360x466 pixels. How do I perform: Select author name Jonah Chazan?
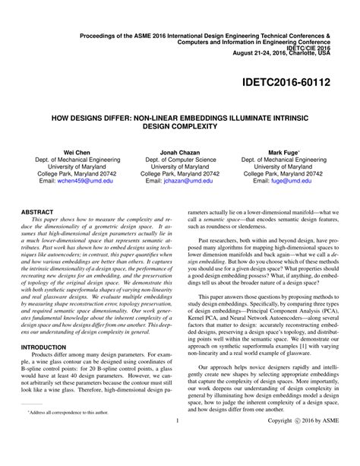(x=180, y=152)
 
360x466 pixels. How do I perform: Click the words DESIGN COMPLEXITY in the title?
(x=180, y=127)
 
